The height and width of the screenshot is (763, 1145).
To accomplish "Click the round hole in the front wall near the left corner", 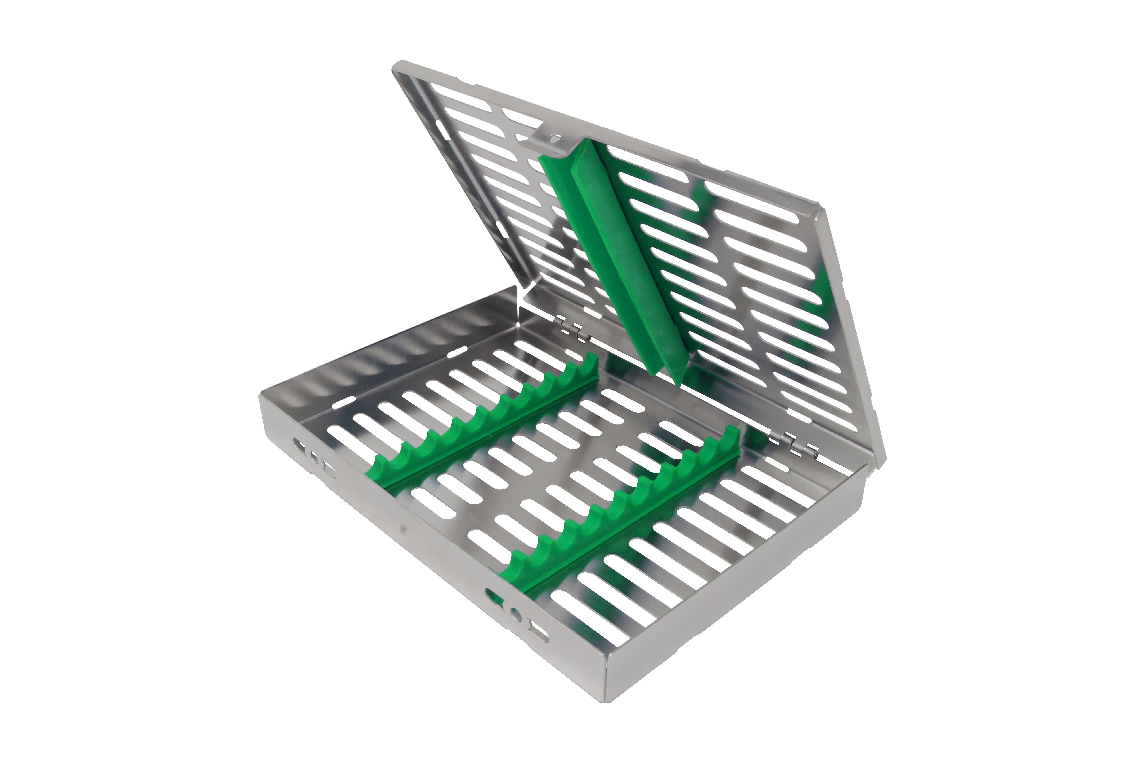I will coord(314,457).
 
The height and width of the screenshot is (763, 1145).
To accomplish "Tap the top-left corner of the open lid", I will coord(397,66).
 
